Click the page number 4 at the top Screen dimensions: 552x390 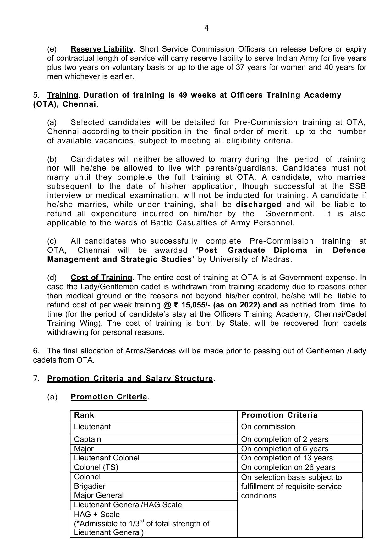[206, 28]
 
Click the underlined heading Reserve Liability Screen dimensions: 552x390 [102, 49]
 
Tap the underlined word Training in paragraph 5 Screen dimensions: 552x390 [63, 95]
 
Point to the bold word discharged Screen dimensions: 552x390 [258, 205]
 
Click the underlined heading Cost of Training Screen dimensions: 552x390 [101, 278]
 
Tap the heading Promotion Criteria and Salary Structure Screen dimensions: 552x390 [130, 379]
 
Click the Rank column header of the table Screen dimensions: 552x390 [84, 415]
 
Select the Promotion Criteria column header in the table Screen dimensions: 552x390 [279, 415]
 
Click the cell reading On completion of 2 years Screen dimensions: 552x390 [284, 439]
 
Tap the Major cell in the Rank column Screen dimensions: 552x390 [84, 449]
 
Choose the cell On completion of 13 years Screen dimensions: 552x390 [287, 458]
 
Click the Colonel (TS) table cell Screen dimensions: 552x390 [96, 467]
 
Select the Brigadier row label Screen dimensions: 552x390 [90, 486]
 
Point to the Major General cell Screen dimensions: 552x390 [99, 495]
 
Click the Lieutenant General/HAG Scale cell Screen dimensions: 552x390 [128, 505]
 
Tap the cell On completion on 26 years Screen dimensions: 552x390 [288, 467]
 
